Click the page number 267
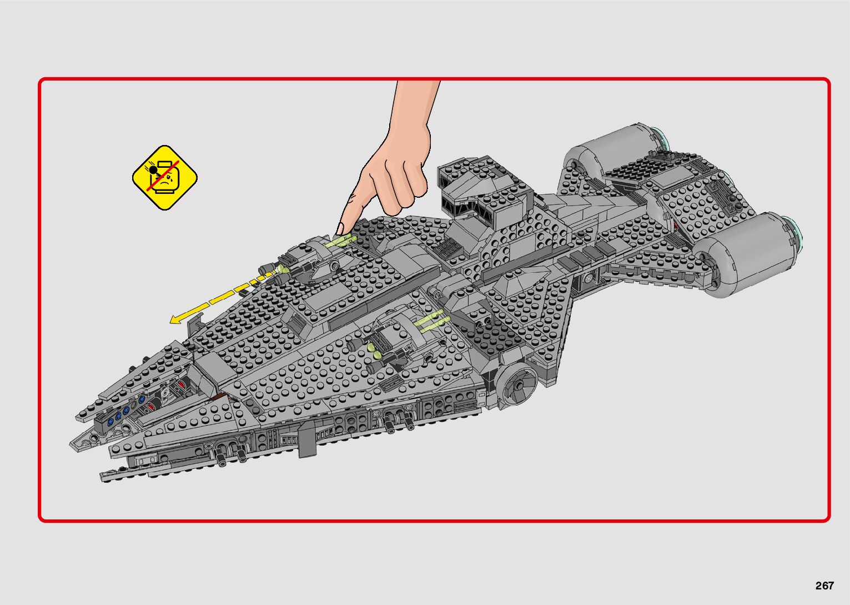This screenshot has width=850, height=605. (824, 586)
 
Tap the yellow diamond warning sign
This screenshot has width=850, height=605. (165, 178)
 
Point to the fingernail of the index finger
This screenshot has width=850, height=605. (340, 228)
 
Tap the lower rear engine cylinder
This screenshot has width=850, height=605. (750, 253)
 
